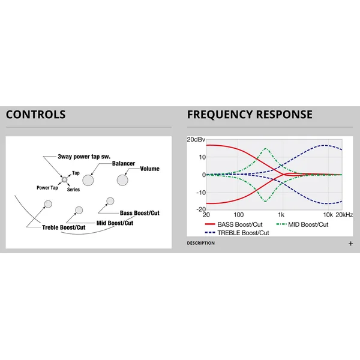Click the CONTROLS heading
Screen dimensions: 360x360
pos(36,115)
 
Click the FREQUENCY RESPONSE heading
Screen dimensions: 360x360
pos(250,115)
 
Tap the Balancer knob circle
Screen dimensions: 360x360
pos(88,180)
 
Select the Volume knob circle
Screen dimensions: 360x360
pos(122,180)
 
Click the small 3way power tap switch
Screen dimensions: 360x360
pos(65,179)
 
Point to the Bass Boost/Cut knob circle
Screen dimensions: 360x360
pos(110,201)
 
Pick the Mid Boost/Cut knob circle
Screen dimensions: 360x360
pos(79,210)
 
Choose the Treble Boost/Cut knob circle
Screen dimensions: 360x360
pos(48,204)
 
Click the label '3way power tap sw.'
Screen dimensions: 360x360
pos(84,157)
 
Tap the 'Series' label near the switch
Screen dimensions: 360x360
pos(73,190)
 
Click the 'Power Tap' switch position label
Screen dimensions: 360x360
pos(47,188)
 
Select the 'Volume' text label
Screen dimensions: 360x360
pos(149,169)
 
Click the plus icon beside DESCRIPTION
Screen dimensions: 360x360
pos(350,244)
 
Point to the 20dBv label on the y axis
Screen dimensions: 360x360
pos(196,140)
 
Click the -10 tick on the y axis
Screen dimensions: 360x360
pos(201,193)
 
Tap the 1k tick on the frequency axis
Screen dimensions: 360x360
pos(281,215)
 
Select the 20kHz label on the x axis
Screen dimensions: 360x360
pos(344,215)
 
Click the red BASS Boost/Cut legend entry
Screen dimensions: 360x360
pos(233,224)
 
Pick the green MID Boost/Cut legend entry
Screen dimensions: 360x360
pos(302,224)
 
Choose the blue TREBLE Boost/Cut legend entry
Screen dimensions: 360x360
pos(237,233)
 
